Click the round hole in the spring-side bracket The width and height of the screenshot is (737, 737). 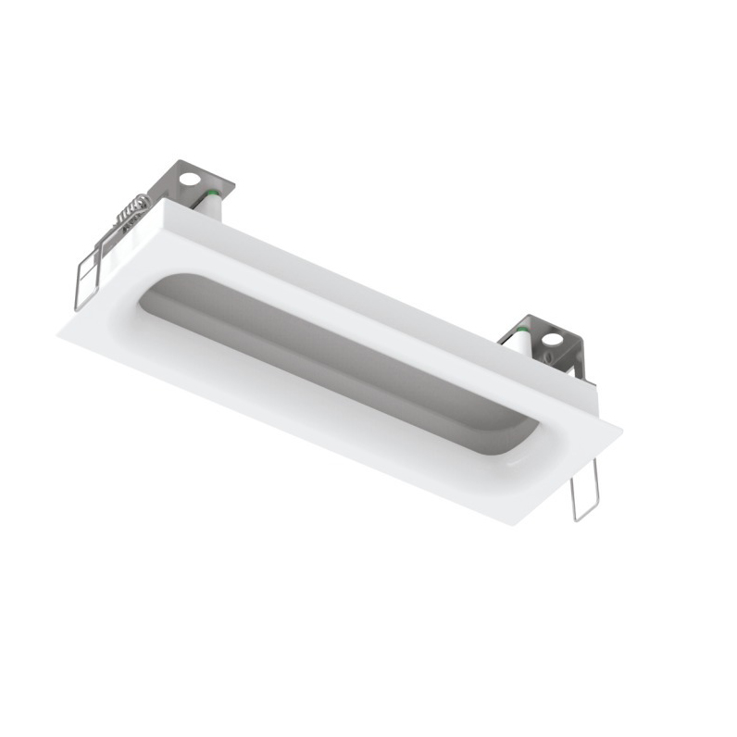click(190, 180)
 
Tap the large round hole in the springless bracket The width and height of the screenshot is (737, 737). click(553, 339)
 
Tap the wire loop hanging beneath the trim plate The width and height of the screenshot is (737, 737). click(584, 491)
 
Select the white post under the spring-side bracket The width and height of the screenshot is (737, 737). click(212, 207)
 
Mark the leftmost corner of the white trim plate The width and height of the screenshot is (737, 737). click(59, 328)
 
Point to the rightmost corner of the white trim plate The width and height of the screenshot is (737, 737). click(621, 428)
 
